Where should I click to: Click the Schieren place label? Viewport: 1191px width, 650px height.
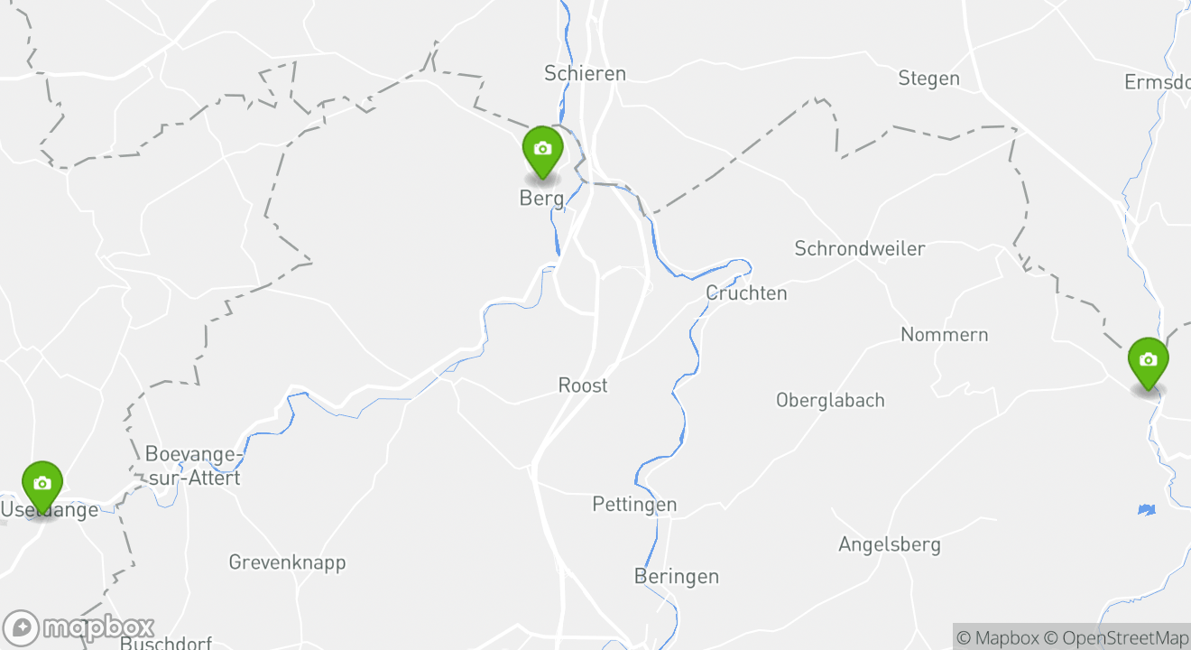coord(585,73)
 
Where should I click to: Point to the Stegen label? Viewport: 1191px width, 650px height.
coord(928,79)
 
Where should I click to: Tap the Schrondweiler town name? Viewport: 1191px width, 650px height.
coord(859,248)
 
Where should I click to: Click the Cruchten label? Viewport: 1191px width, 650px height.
coord(746,293)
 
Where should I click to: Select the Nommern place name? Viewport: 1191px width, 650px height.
coord(944,335)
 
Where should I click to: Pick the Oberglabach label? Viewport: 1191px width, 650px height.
coord(830,400)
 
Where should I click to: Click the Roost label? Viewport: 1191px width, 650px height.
coord(583,385)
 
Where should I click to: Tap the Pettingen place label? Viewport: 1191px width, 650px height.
coord(634,505)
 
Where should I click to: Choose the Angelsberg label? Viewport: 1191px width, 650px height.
coord(889,544)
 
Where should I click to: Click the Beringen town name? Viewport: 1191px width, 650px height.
coord(677,576)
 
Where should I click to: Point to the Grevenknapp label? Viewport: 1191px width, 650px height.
coord(287,562)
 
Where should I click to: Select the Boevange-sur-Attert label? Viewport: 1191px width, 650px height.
coord(193,466)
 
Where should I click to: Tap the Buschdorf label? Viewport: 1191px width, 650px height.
coord(166,643)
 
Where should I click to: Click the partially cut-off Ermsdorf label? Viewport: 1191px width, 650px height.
coord(1157,82)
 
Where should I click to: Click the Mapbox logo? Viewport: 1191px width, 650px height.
coord(79,627)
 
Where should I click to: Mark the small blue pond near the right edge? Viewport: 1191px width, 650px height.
coord(1146,510)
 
